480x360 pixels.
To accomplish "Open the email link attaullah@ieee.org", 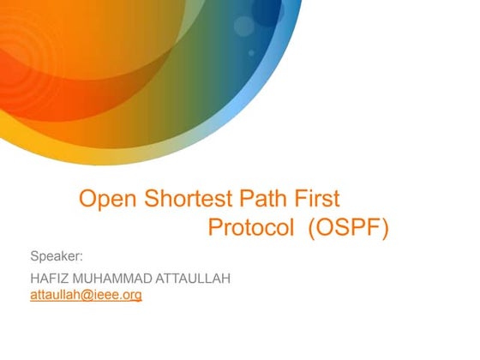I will (x=86, y=295).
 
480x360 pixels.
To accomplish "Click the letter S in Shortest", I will (x=147, y=200).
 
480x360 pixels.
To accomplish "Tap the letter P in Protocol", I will (x=216, y=229).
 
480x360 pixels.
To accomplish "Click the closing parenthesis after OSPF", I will (x=385, y=229).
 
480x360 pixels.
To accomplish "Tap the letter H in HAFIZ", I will (x=35, y=279).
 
